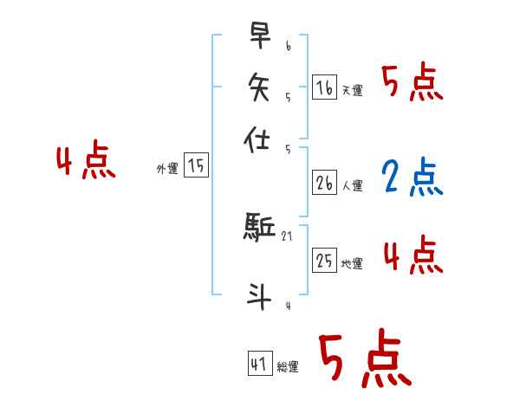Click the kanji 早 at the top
[260, 36]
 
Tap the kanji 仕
[260, 139]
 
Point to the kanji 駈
[260, 228]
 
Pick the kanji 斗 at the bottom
[260, 294]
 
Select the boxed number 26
[324, 183]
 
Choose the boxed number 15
[197, 165]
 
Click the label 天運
[352, 91]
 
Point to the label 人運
[352, 185]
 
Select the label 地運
[352, 264]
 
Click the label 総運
[287, 367]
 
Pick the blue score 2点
[411, 177]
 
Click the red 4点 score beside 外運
[85, 163]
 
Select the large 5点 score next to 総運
[363, 360]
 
